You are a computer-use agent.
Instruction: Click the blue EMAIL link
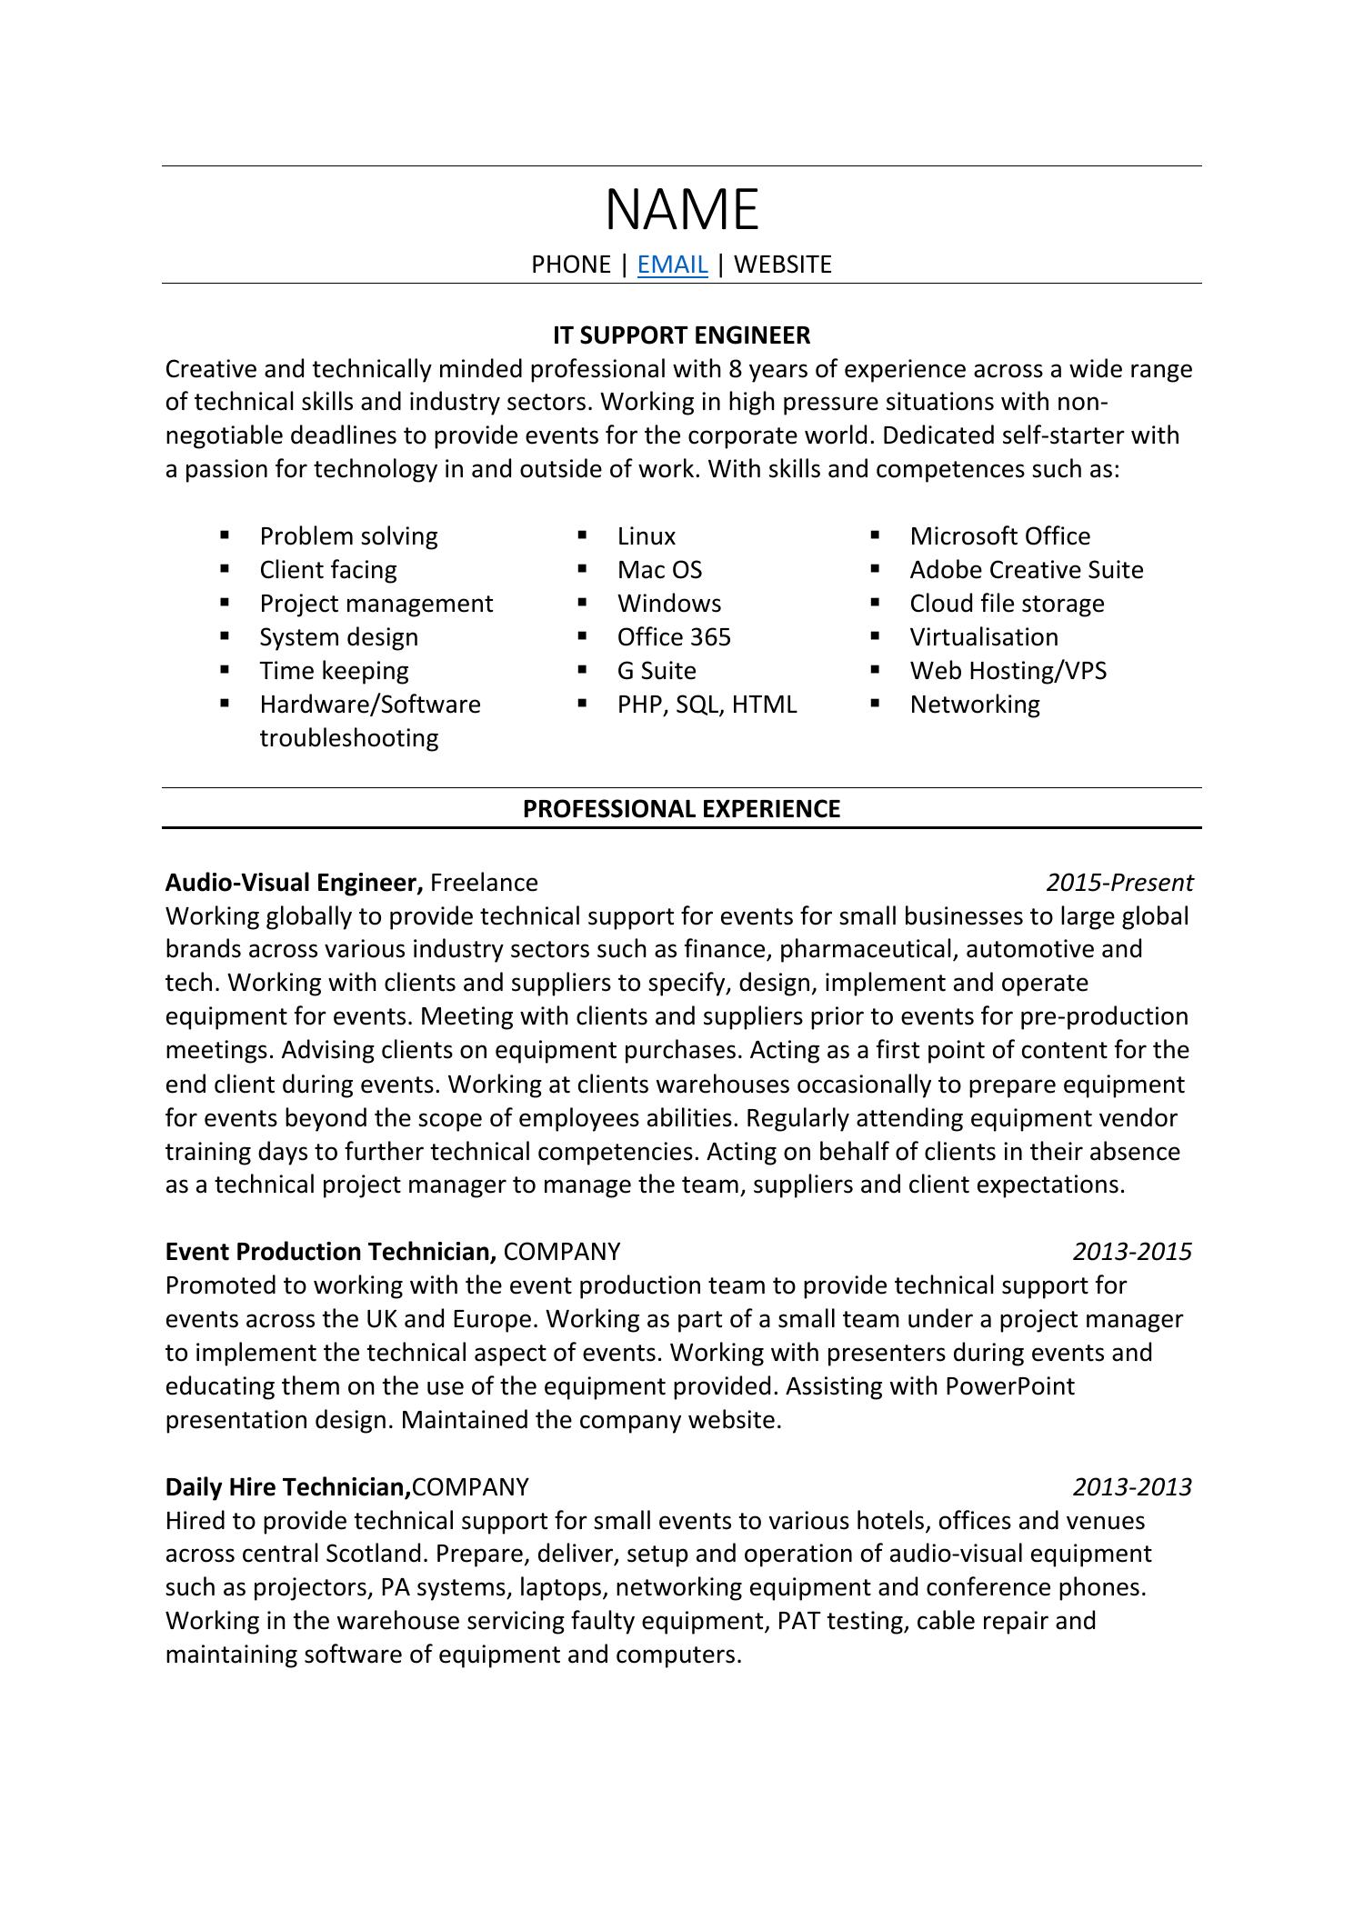[x=672, y=265]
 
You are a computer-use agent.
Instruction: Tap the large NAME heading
[x=682, y=210]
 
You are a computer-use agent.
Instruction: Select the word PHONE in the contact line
[x=570, y=265]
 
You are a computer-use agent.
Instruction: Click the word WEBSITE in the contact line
[x=782, y=265]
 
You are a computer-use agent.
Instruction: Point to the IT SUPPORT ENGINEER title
[x=681, y=335]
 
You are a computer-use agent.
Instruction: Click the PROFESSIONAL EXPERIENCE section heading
[x=681, y=809]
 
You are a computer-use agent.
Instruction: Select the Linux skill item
[x=646, y=536]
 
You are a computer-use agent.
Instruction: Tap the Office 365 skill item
[x=674, y=637]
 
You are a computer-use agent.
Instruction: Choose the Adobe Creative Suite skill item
[x=1026, y=570]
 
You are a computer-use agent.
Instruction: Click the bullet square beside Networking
[x=876, y=703]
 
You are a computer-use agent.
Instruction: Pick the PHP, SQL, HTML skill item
[x=707, y=705]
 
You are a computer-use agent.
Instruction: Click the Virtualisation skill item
[x=984, y=637]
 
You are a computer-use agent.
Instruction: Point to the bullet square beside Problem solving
[x=225, y=535]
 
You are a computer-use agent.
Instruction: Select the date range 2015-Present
[x=1118, y=883]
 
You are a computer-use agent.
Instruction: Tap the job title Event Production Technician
[x=330, y=1252]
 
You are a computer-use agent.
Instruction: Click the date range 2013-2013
[x=1131, y=1487]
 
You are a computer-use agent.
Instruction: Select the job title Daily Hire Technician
[x=286, y=1487]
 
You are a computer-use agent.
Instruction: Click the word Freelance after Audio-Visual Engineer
[x=484, y=883]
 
